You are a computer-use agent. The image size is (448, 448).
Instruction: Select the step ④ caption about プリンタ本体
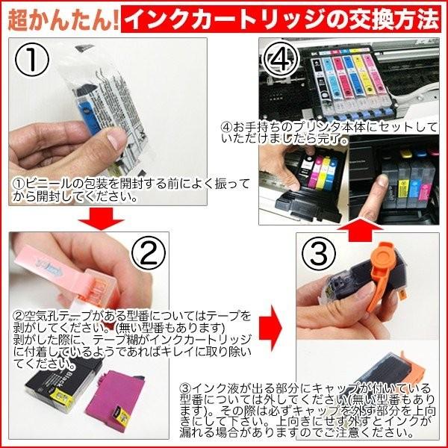[336, 132]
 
